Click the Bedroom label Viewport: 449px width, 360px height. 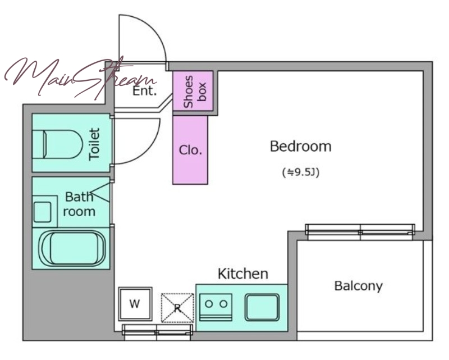click(x=301, y=146)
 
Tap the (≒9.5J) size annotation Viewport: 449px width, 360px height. click(x=301, y=172)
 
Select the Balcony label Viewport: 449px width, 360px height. click(x=359, y=286)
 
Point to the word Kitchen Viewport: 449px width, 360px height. click(x=243, y=274)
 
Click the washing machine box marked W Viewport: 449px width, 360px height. click(x=135, y=304)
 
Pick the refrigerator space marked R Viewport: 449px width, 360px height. click(x=177, y=308)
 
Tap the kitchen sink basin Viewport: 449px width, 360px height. click(x=262, y=307)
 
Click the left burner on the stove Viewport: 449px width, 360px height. click(x=209, y=304)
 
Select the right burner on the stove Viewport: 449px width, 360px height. click(x=223, y=304)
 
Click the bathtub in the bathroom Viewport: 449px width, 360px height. click(x=72, y=248)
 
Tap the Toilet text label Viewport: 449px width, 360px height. click(x=94, y=144)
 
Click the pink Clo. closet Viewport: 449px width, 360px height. click(x=190, y=150)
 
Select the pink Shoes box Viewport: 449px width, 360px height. click(x=193, y=91)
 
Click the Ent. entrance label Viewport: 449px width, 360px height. click(x=145, y=91)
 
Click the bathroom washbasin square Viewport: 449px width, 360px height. click(x=43, y=212)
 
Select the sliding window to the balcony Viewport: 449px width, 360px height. click(x=360, y=232)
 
